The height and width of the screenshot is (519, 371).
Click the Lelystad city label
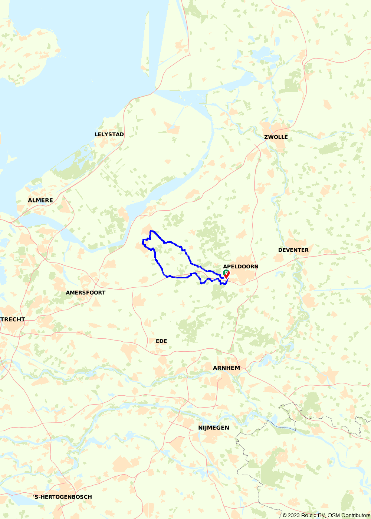[109, 134]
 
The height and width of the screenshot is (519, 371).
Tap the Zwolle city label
[276, 137]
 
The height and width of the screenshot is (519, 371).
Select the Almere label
[40, 200]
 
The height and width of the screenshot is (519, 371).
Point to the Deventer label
[293, 250]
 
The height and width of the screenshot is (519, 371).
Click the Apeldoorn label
[240, 267]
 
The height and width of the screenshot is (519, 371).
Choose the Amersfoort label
[86, 292]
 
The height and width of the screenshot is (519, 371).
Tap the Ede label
[161, 341]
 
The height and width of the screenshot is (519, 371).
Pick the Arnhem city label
[226, 368]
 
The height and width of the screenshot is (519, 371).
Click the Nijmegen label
[213, 428]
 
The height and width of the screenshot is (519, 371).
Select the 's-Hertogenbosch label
[62, 497]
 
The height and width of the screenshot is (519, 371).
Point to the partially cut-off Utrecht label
[13, 319]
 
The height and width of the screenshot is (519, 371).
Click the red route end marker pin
[227, 274]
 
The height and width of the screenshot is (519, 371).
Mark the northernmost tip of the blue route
[151, 231]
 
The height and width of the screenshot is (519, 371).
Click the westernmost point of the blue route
[143, 242]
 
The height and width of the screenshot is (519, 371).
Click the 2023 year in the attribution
[293, 515]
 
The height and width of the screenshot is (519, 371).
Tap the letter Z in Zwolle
[266, 137]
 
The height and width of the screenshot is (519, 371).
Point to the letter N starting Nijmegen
[200, 428]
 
